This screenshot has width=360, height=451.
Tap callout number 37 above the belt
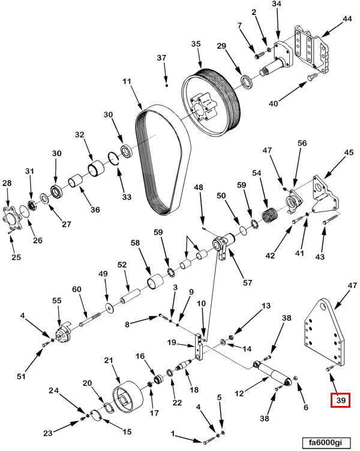click(161, 58)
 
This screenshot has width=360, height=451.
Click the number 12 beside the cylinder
click(239, 394)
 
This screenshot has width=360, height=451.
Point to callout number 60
click(77, 289)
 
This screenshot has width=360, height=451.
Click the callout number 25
click(16, 258)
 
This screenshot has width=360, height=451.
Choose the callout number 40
click(273, 103)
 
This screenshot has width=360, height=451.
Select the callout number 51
click(22, 377)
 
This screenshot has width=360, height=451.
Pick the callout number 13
click(265, 306)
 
